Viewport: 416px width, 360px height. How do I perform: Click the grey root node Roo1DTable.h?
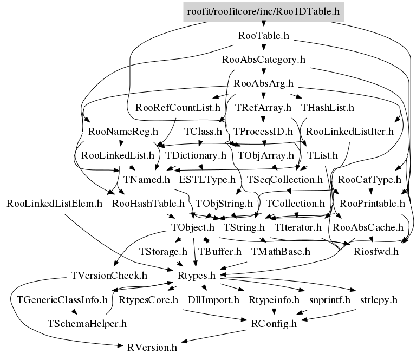click(x=263, y=12)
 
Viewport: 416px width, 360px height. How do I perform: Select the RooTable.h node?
click(x=264, y=36)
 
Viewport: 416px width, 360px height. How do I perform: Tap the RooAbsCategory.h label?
click(x=264, y=60)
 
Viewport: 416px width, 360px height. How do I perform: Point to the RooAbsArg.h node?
click(x=263, y=83)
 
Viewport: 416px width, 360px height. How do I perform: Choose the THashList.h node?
click(x=328, y=108)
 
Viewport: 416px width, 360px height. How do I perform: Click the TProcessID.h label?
click(x=263, y=132)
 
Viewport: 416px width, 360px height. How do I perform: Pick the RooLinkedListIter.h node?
click(x=350, y=132)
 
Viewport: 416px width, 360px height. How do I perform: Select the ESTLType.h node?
click(x=207, y=180)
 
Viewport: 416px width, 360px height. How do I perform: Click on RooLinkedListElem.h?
click(x=54, y=204)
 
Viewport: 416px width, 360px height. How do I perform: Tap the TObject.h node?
click(x=193, y=227)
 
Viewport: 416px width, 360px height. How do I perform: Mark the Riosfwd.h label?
click(x=376, y=252)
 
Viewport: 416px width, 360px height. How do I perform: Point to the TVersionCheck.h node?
click(x=109, y=276)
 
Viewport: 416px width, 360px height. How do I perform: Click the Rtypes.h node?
click(x=197, y=276)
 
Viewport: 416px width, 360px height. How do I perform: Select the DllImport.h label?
click(x=213, y=300)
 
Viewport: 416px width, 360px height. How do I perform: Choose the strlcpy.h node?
click(x=379, y=300)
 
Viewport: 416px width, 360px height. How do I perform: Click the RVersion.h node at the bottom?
click(x=152, y=348)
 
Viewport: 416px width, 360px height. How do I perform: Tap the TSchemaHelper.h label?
click(x=87, y=324)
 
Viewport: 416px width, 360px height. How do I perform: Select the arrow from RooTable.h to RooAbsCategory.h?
click(x=264, y=47)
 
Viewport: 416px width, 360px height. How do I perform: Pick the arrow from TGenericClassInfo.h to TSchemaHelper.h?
click(x=75, y=311)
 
